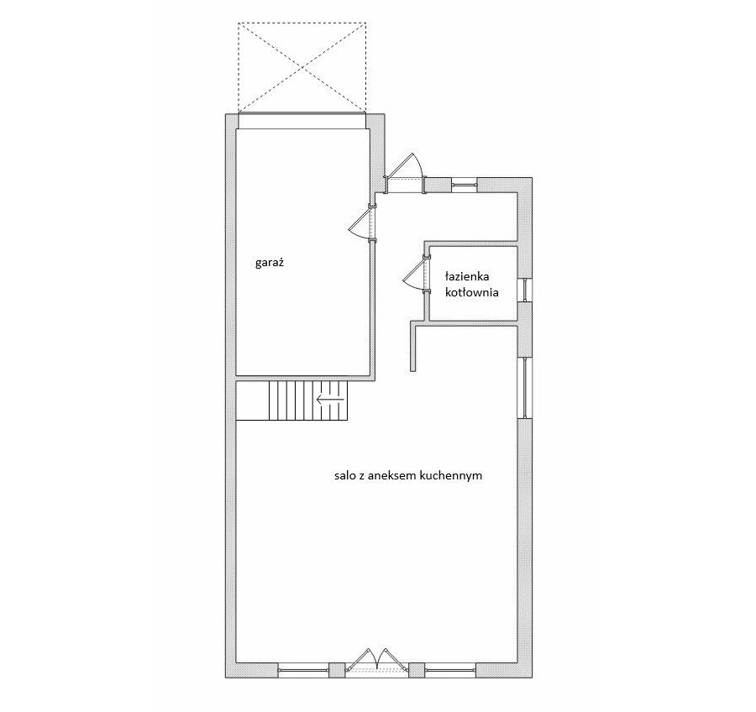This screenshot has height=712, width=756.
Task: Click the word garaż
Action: point(269,263)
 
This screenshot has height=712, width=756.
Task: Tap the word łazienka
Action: point(467,277)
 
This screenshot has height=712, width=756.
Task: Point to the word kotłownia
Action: point(472,293)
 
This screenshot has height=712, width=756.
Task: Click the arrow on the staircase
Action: point(330,399)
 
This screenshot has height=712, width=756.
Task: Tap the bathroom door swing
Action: point(416,275)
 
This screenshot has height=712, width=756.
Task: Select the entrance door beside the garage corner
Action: point(405,173)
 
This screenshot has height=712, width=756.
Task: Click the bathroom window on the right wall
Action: point(524,291)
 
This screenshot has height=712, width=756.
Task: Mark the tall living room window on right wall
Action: point(524,388)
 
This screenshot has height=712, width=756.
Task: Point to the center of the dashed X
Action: point(302,66)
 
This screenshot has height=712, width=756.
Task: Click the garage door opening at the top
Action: point(302,121)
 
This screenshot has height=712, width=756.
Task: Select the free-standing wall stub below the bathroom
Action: point(413,346)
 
